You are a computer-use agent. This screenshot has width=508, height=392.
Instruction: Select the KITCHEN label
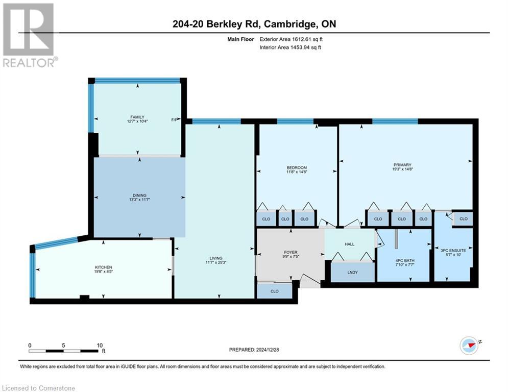(x=103, y=267)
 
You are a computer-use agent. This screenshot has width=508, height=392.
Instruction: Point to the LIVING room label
(x=214, y=259)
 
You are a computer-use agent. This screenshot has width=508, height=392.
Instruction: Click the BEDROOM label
(x=297, y=168)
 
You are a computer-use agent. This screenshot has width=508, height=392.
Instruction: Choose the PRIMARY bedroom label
(x=402, y=165)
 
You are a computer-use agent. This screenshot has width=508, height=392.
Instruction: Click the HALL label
(x=350, y=244)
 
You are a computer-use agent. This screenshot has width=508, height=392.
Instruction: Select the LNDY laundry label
(x=352, y=273)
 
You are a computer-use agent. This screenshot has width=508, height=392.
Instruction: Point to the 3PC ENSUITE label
(x=453, y=251)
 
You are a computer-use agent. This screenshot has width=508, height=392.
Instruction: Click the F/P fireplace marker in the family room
(x=174, y=120)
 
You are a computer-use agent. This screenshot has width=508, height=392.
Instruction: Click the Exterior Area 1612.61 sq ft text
(x=291, y=38)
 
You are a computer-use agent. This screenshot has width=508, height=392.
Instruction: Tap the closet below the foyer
(x=275, y=291)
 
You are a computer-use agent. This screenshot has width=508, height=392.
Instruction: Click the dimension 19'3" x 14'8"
(x=402, y=169)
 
